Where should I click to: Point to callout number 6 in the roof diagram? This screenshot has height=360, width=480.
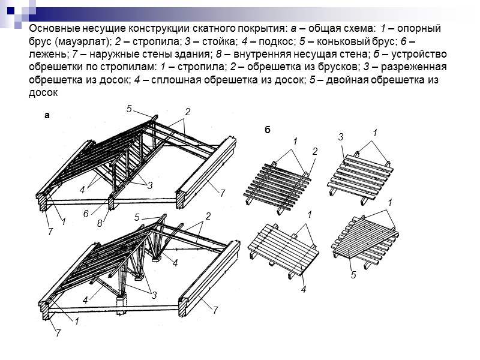[x=86, y=214]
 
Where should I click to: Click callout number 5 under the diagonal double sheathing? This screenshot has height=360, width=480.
[x=354, y=275]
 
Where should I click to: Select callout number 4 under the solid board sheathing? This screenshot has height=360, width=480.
[x=304, y=289]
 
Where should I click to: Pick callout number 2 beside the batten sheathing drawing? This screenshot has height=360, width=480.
[x=314, y=151]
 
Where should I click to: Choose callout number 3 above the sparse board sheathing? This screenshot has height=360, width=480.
[x=340, y=137]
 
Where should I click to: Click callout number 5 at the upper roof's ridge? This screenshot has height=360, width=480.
[x=128, y=109]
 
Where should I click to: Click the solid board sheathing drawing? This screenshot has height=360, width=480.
[x=282, y=246]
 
